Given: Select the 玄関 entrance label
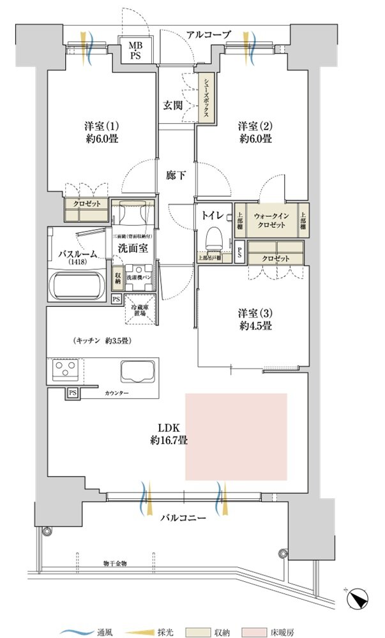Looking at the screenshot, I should coord(170,106).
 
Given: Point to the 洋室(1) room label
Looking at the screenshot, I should coord(98,126).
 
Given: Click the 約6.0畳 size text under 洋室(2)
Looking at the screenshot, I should coord(255,139).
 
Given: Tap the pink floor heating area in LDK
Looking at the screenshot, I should coord(236,437).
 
